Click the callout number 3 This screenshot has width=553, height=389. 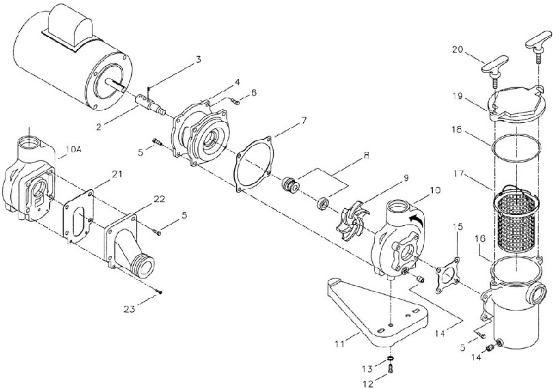(x=197, y=60)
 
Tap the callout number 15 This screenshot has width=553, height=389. (x=458, y=226)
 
